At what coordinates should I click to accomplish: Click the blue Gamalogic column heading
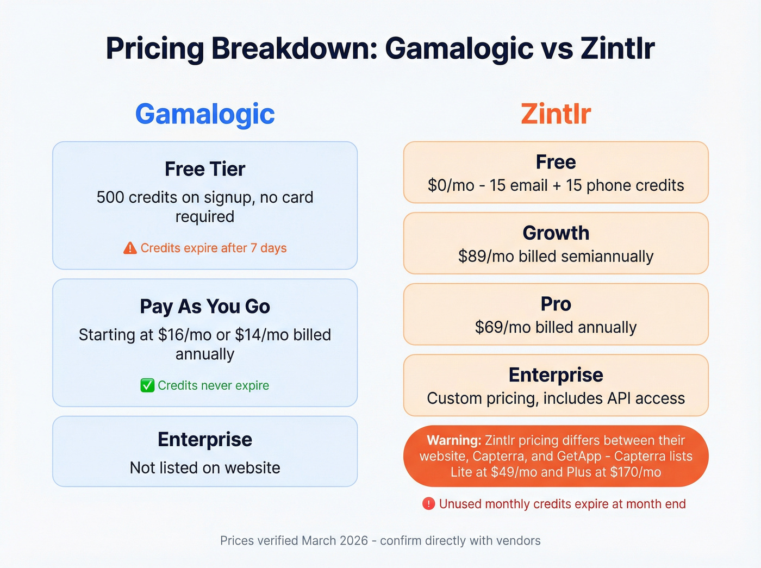pos(205,114)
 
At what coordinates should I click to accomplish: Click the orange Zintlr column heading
pos(556,114)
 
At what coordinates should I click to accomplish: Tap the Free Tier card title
pos(205,169)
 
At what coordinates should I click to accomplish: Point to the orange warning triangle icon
pos(130,248)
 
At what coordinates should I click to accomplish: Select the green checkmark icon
pos(147,385)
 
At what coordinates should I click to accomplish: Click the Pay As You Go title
pos(205,307)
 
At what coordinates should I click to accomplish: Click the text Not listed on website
pos(205,467)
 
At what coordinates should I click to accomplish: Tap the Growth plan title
pos(556,233)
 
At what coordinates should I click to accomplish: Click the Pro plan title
pos(556,304)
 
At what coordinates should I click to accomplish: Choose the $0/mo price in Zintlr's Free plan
pos(451,185)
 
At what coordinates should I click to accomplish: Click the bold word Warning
pos(454,440)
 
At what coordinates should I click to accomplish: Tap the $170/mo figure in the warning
pos(635,472)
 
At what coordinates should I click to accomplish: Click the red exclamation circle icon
pos(428,504)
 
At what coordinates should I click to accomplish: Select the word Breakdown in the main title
pos(294,48)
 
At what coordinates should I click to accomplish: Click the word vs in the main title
pos(557,48)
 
